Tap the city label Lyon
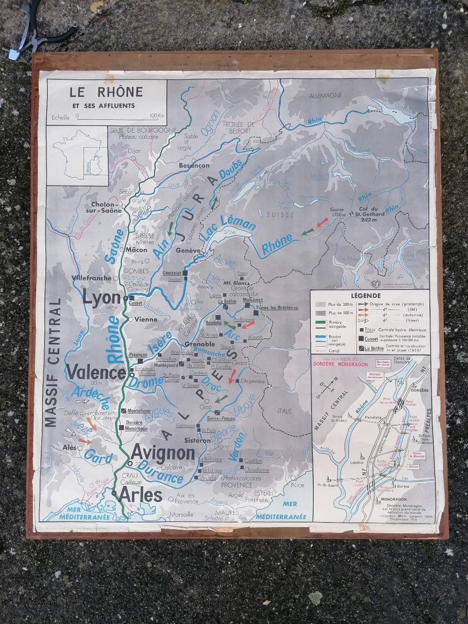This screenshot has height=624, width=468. click(x=102, y=298)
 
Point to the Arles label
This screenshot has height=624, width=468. click(x=141, y=495)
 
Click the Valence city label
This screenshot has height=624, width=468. click(x=96, y=371)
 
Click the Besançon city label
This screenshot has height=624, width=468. click(x=194, y=165)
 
